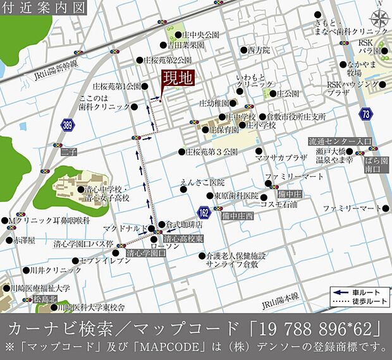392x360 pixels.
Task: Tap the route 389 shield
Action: coord(68,126)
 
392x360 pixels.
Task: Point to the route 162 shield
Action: coord(204,212)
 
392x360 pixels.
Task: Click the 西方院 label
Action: coord(259,49)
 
